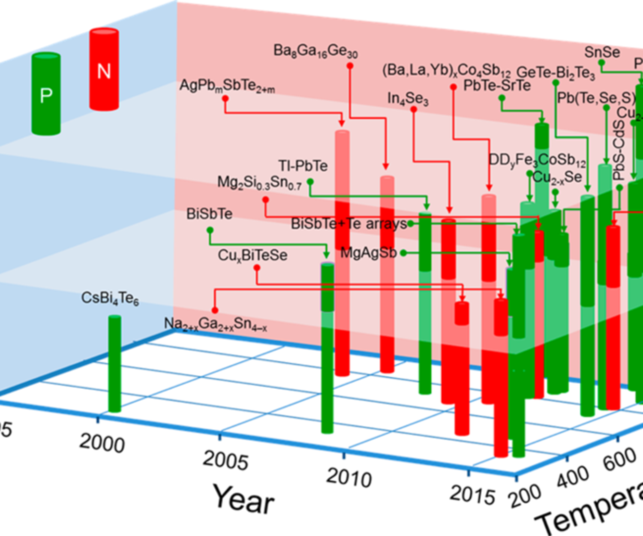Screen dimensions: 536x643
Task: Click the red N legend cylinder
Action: (104, 69)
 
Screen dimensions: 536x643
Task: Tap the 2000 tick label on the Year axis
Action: (102, 443)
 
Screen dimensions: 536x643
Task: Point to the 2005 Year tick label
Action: (225, 461)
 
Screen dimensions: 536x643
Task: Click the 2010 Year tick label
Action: (349, 478)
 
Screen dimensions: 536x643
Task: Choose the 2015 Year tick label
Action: (472, 495)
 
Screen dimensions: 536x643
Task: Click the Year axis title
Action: (243, 499)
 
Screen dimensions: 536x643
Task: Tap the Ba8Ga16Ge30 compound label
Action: (315, 51)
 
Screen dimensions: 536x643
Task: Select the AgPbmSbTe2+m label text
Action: (227, 86)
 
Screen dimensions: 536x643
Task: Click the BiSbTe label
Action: (210, 214)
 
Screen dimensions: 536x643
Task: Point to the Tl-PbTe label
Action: (303, 166)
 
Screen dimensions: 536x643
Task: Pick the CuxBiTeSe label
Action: (252, 256)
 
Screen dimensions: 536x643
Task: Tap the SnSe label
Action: (602, 52)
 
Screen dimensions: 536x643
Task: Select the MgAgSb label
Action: (368, 253)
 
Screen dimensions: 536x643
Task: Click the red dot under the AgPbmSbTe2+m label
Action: (225, 99)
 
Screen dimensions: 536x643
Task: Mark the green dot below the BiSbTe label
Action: (210, 230)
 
